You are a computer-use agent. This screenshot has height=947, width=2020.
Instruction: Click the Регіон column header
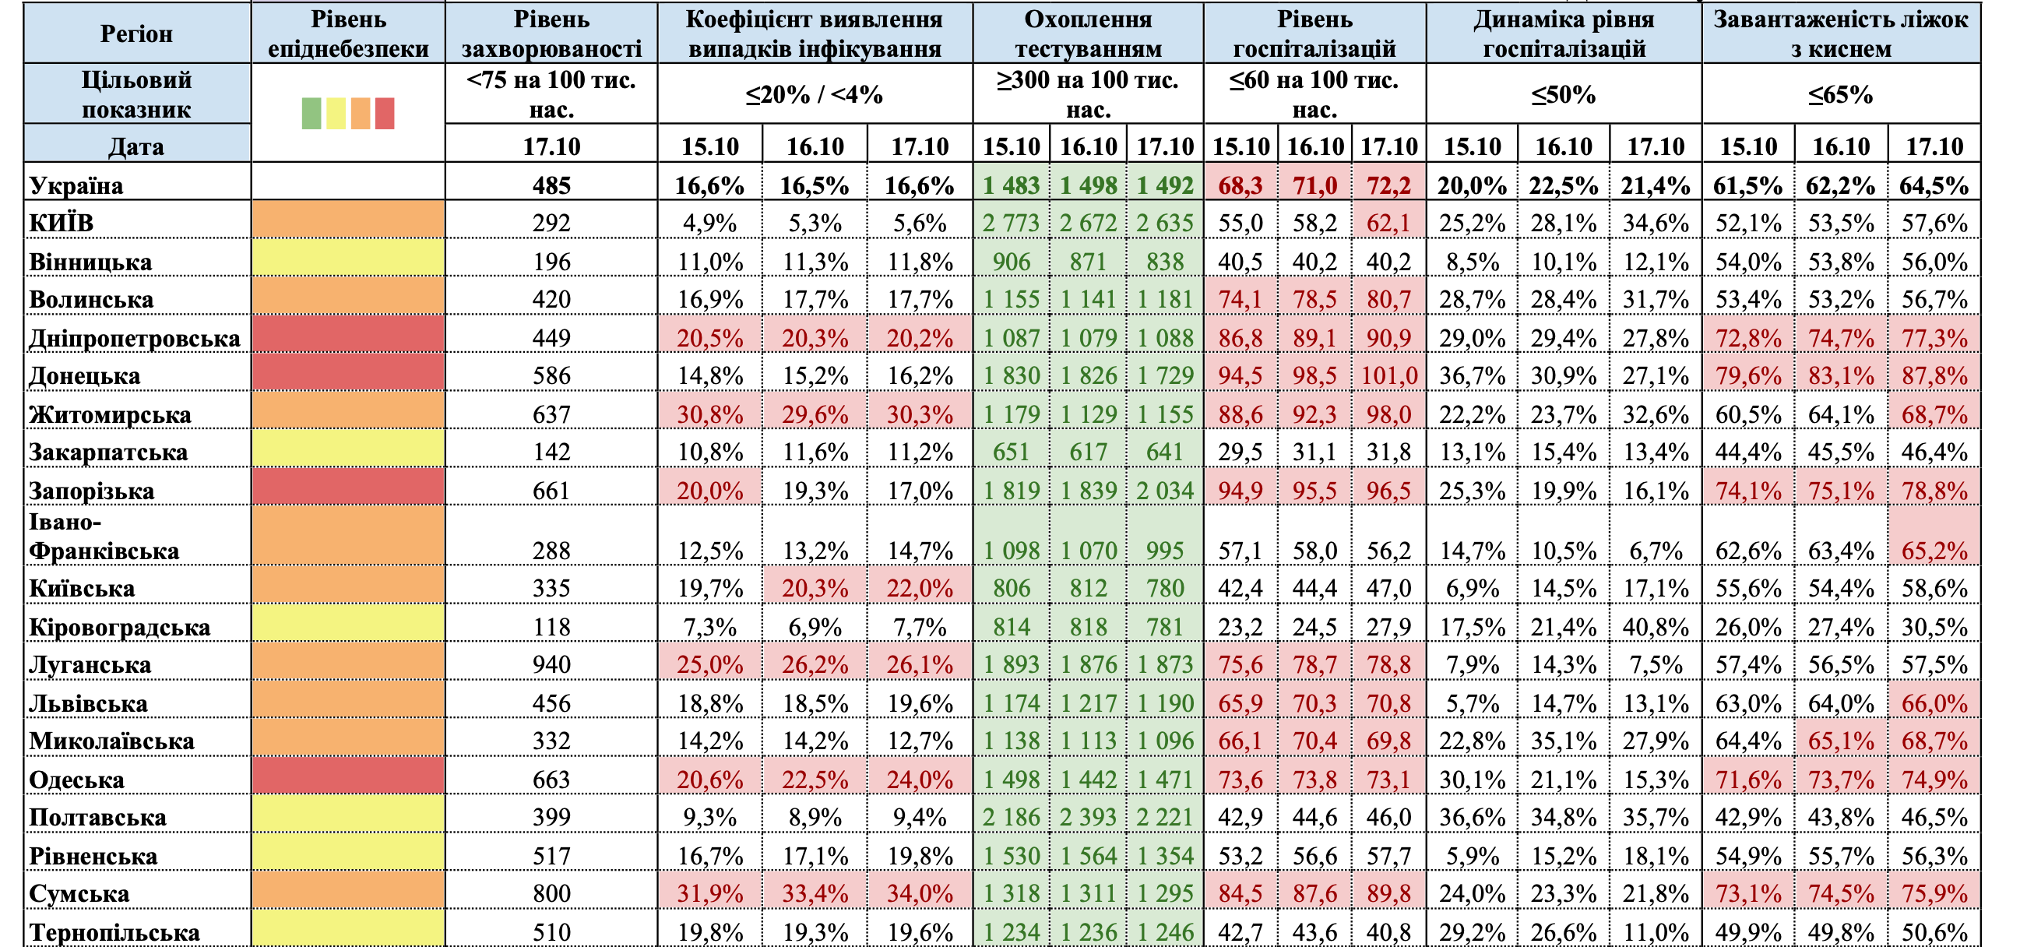[136, 33]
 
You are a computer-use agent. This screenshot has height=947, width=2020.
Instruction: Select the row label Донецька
[85, 375]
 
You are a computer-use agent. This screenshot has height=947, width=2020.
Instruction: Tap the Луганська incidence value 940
[551, 664]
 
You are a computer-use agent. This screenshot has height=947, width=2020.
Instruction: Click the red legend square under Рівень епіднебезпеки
[384, 113]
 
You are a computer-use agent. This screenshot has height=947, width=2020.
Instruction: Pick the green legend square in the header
[311, 113]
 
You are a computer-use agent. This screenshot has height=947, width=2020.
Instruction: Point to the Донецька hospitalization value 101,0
[1388, 375]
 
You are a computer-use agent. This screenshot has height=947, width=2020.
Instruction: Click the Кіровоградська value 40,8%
[1656, 627]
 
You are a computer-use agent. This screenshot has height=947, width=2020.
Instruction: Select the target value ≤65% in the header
[1840, 95]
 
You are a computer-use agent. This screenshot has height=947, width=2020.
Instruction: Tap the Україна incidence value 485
[551, 186]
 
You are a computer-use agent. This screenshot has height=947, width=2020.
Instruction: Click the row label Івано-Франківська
[104, 537]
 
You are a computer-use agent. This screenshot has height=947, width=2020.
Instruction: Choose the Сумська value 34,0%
[920, 894]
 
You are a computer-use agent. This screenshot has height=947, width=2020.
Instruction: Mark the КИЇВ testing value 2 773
[1011, 224]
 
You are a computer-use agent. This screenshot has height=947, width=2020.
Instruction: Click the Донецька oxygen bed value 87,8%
[1934, 375]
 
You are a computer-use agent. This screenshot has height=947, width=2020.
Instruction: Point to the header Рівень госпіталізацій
[1314, 33]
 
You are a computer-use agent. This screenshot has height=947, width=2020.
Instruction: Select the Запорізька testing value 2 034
[1165, 491]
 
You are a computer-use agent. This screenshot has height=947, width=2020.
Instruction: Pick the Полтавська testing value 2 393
[1088, 817]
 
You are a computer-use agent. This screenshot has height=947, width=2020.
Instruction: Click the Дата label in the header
[136, 146]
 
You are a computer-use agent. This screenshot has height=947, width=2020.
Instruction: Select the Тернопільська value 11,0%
[1656, 932]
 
